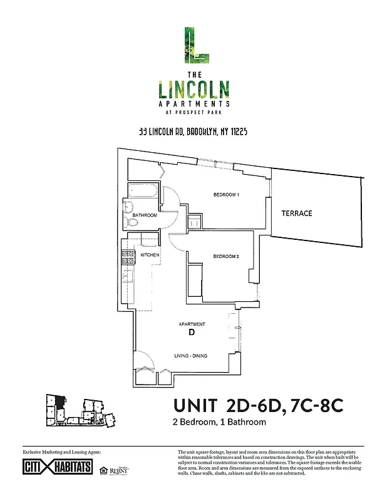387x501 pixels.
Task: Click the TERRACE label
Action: (296, 214)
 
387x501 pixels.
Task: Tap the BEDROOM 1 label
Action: (226, 195)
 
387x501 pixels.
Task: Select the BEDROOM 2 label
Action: (226, 256)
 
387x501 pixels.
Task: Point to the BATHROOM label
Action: (144, 215)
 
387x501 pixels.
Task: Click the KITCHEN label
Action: (149, 256)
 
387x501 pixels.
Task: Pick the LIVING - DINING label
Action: (190, 356)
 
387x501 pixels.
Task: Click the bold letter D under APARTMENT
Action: (191, 333)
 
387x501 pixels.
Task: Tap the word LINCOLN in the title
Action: (193, 88)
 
